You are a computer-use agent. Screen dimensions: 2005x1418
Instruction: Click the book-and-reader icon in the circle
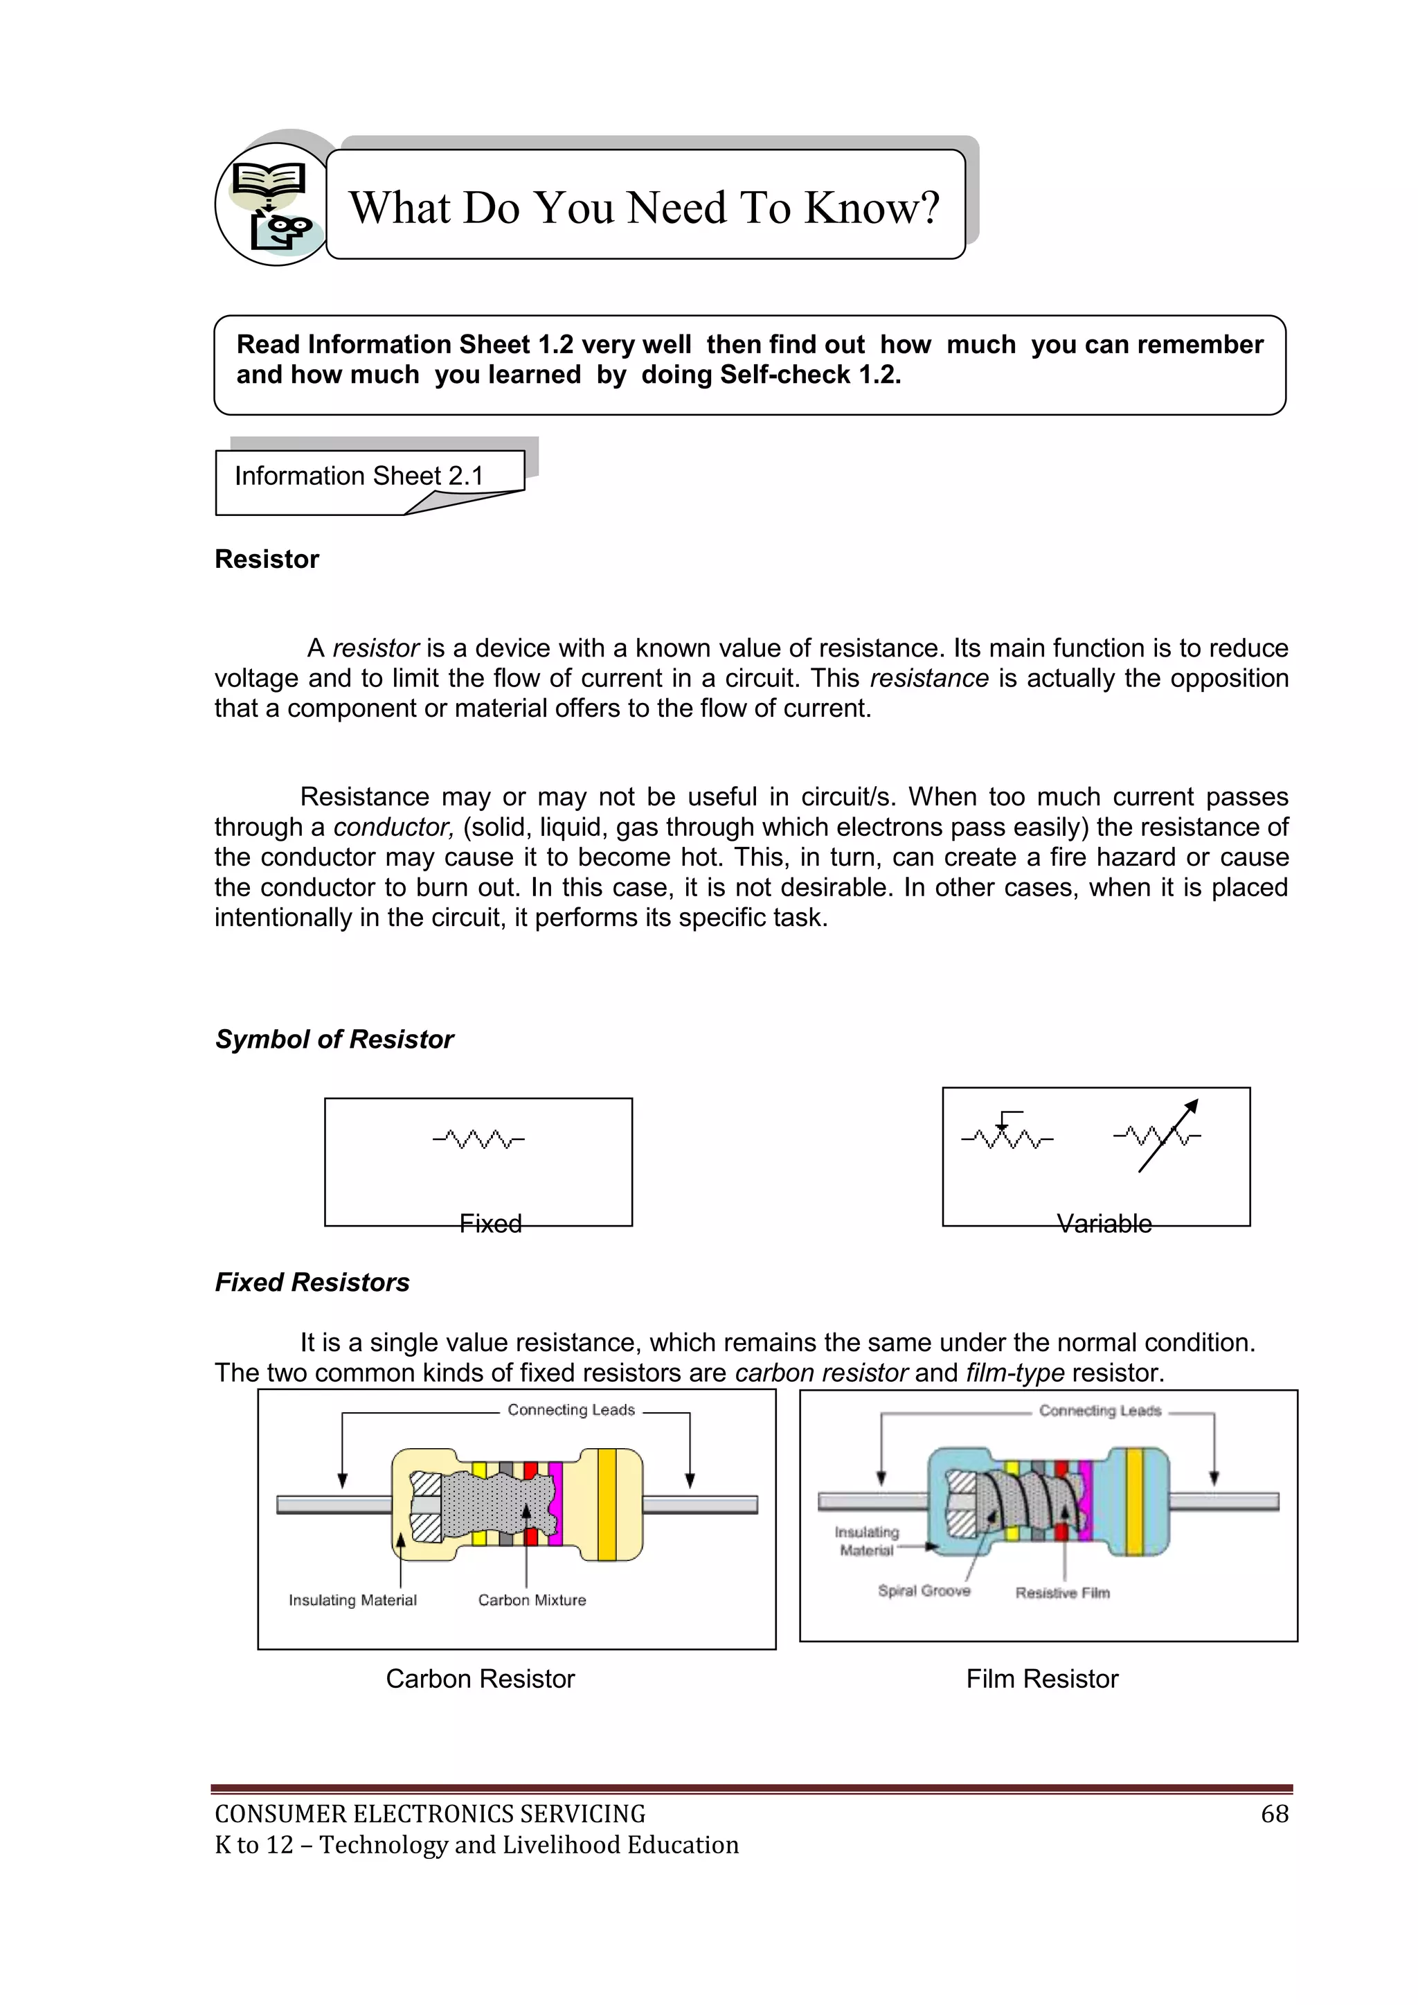[271, 205]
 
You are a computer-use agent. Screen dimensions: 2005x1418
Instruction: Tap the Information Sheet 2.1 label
[359, 476]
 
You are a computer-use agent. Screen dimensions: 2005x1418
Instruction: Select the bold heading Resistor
[267, 559]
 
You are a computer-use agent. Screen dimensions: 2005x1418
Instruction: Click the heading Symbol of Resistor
[334, 1039]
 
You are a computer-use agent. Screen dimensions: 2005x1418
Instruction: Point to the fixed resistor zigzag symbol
[478, 1139]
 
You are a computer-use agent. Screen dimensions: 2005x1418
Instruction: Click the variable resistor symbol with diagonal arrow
[1158, 1136]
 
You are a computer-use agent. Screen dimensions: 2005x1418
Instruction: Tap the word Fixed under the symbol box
[491, 1224]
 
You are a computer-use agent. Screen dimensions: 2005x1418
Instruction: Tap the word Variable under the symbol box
[1104, 1224]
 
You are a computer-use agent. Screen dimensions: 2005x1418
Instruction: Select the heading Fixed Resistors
[312, 1282]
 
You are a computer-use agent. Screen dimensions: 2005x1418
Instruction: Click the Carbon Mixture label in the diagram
[532, 1600]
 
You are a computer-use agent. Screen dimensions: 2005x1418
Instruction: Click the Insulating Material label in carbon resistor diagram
[352, 1600]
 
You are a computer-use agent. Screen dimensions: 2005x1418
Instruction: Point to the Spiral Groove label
[924, 1590]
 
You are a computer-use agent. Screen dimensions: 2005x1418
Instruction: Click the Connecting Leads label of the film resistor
[1100, 1410]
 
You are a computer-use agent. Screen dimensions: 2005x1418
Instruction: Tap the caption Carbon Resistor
[481, 1678]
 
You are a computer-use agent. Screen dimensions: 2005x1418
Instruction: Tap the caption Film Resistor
[1041, 1678]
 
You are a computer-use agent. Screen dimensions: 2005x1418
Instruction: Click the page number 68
[1274, 1814]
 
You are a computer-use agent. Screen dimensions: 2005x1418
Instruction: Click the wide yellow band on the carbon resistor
[608, 1504]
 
